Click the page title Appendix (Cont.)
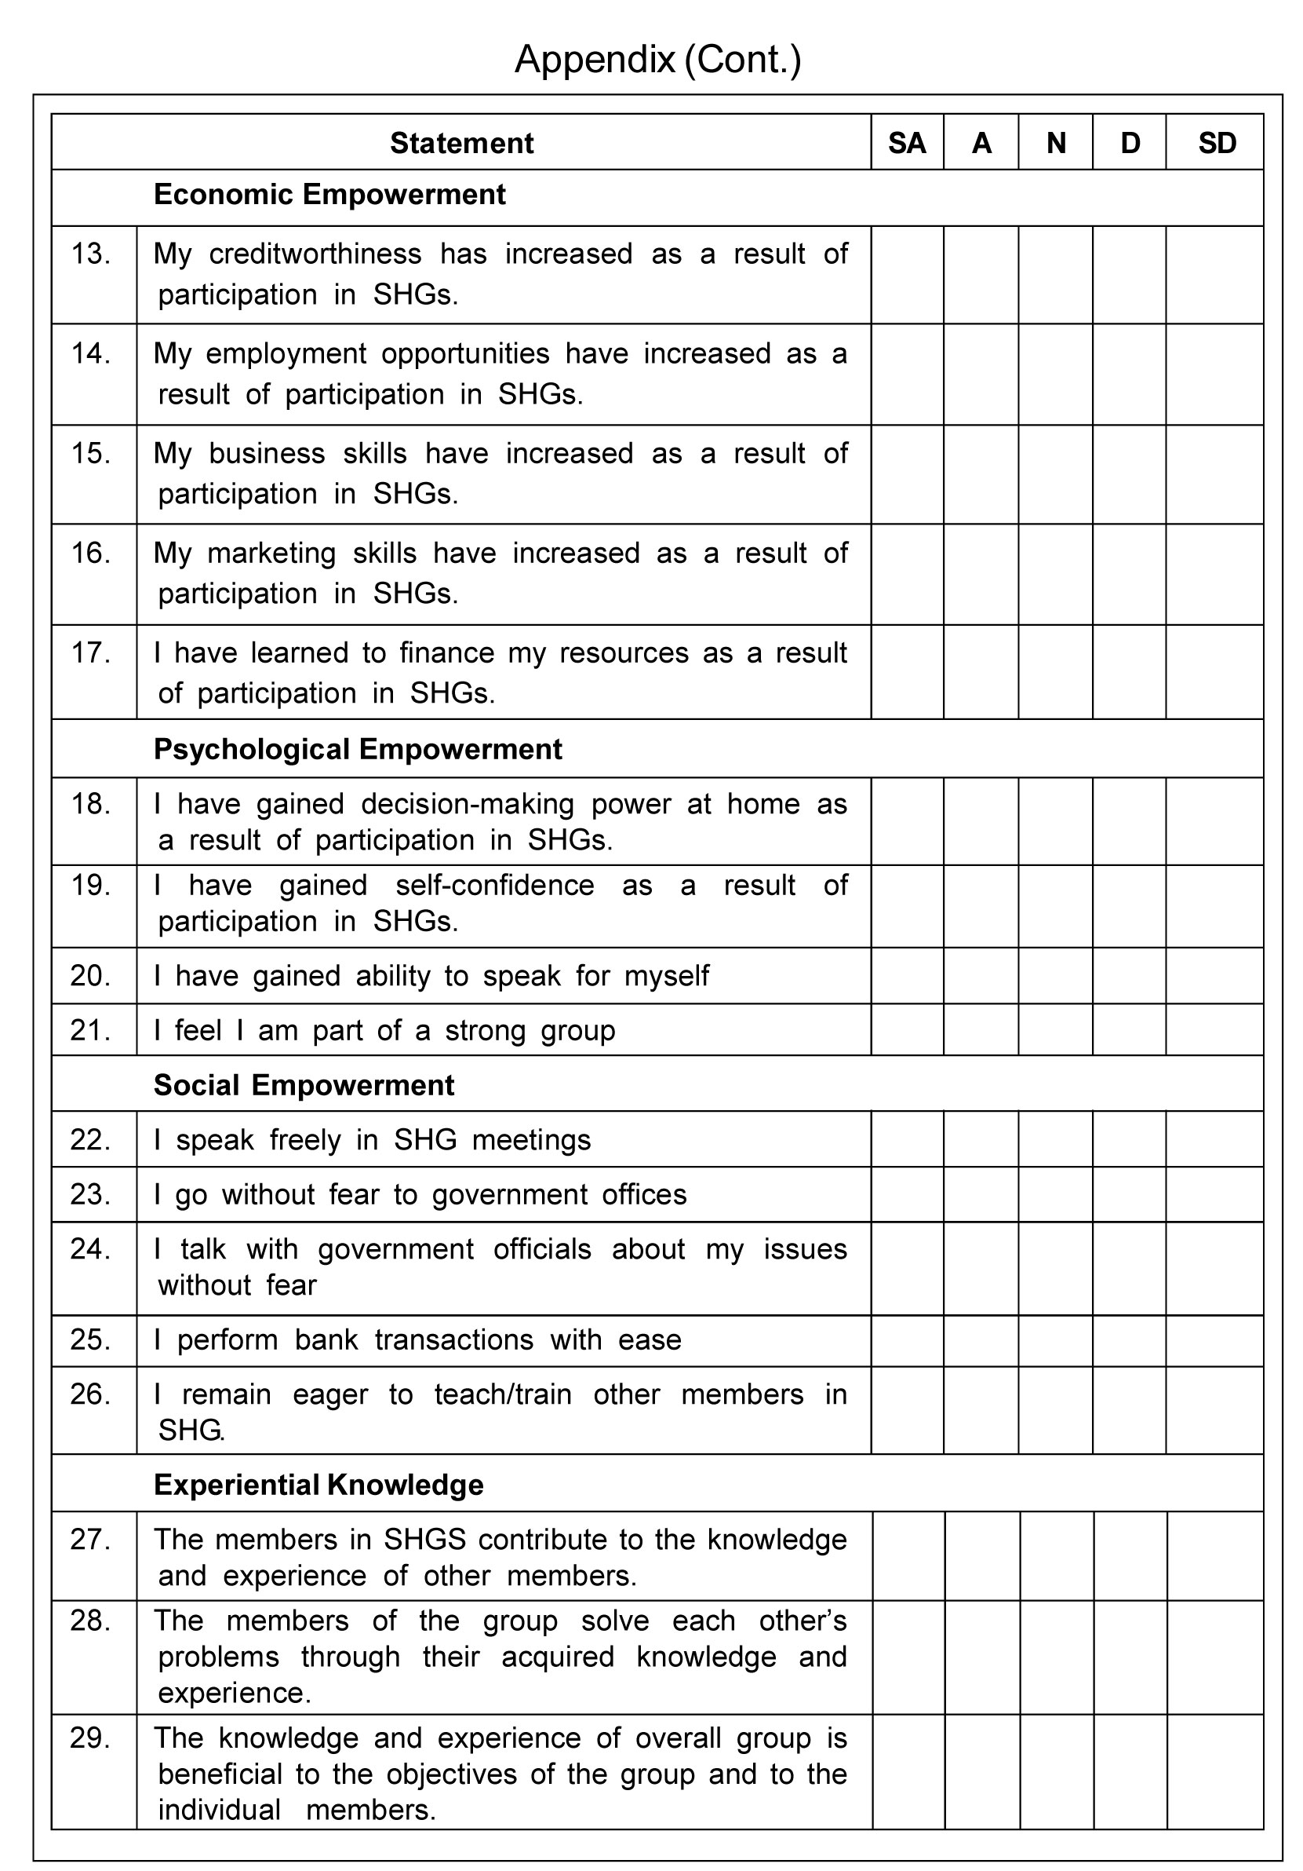click(x=657, y=60)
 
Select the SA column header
click(x=906, y=144)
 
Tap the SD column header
click(x=1217, y=144)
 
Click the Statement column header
click(x=461, y=144)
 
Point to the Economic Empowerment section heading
click(x=329, y=195)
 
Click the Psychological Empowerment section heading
click(x=358, y=749)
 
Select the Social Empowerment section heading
click(x=304, y=1084)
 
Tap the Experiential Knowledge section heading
click(x=318, y=1485)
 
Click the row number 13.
click(x=90, y=254)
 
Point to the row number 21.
click(x=90, y=1030)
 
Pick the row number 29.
click(x=90, y=1738)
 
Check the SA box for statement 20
click(x=906, y=975)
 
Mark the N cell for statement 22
click(x=1054, y=1139)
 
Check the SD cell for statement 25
click(x=1214, y=1339)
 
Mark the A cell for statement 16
click(x=981, y=574)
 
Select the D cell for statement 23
click(x=1129, y=1194)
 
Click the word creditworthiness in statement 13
click(x=315, y=254)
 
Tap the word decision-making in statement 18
click(x=468, y=804)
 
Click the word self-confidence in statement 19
click(x=494, y=885)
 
